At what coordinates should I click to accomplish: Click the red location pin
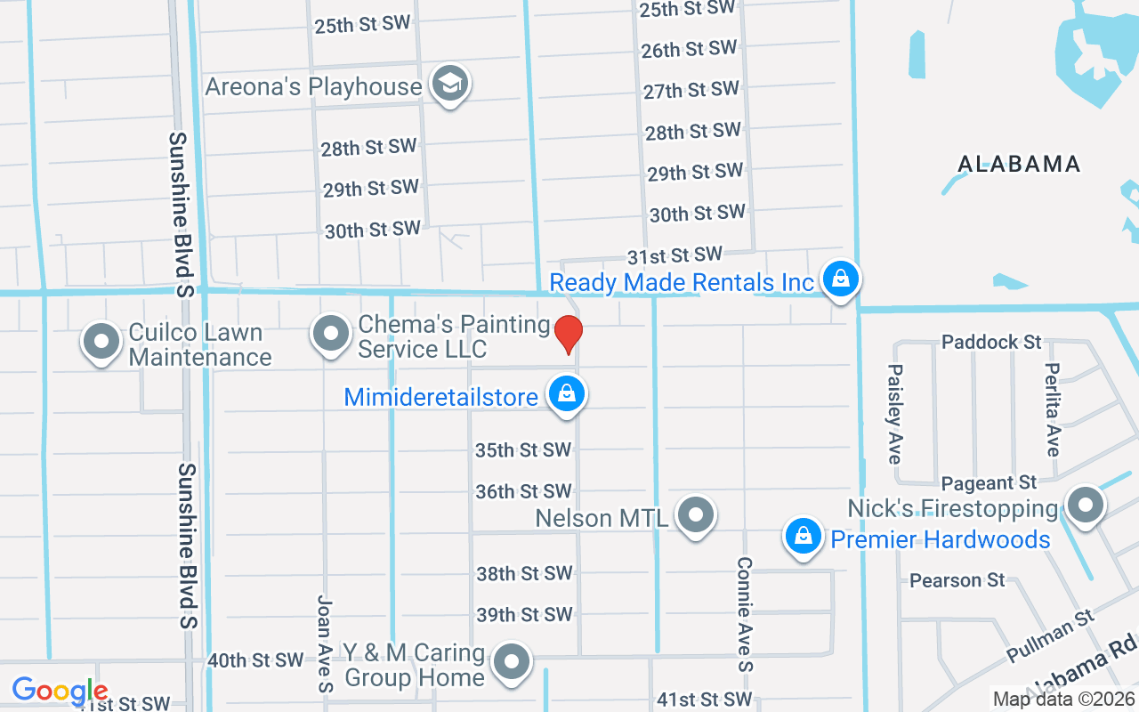pos(568,334)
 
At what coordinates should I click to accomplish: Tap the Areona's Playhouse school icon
pos(450,85)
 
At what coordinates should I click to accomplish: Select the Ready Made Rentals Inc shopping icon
pos(839,279)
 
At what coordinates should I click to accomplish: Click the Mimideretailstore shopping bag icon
pos(565,393)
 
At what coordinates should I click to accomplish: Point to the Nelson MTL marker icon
pos(696,514)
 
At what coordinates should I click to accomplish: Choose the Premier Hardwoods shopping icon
pos(803,536)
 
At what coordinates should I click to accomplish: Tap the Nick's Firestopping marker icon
pos(1085,506)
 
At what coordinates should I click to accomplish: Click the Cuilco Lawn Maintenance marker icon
pos(101,341)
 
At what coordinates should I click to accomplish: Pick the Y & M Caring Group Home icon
pos(512,662)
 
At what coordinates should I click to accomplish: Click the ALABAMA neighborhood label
pos(1019,164)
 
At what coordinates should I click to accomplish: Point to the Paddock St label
pos(991,342)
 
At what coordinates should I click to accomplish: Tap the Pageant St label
pos(989,482)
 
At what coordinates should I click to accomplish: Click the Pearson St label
pos(957,580)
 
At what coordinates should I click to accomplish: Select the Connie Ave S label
pos(745,614)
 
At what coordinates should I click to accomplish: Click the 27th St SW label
pos(691,90)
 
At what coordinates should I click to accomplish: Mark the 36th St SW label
pos(523,491)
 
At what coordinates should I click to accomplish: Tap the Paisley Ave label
pos(895,413)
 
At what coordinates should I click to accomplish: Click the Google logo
pos(60,691)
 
